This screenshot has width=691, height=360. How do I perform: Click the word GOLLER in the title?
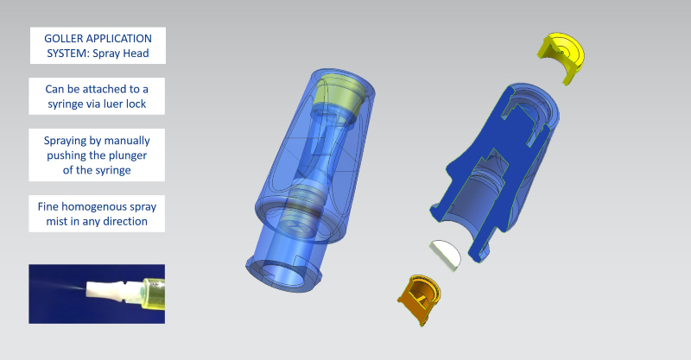[60, 39]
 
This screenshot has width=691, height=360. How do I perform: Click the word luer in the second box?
[113, 104]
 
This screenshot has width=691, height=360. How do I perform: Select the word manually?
[127, 141]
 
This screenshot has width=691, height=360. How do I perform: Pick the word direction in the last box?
[125, 221]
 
